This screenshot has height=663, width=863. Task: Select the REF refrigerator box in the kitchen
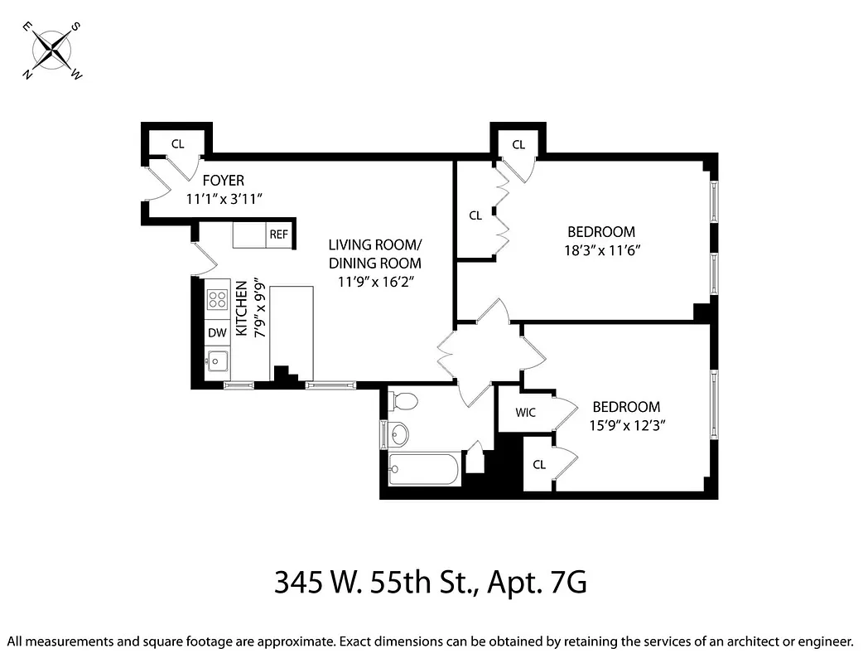coord(278,235)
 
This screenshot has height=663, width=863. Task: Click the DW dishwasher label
coord(217,333)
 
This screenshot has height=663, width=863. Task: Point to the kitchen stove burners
coord(218,299)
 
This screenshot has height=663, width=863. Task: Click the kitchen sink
coord(218,361)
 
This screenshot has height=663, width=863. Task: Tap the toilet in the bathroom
coord(403,401)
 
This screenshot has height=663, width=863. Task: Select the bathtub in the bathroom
coord(425,470)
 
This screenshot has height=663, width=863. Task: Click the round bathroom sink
coord(399,433)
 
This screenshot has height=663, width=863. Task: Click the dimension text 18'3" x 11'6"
coord(601,249)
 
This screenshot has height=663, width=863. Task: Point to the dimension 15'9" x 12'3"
coord(626,424)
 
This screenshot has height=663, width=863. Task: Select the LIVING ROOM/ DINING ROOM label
coord(374,254)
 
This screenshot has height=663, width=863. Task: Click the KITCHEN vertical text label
coord(242,308)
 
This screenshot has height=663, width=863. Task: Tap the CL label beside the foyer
coord(177,143)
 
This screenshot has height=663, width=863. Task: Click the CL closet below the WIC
coord(538,465)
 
